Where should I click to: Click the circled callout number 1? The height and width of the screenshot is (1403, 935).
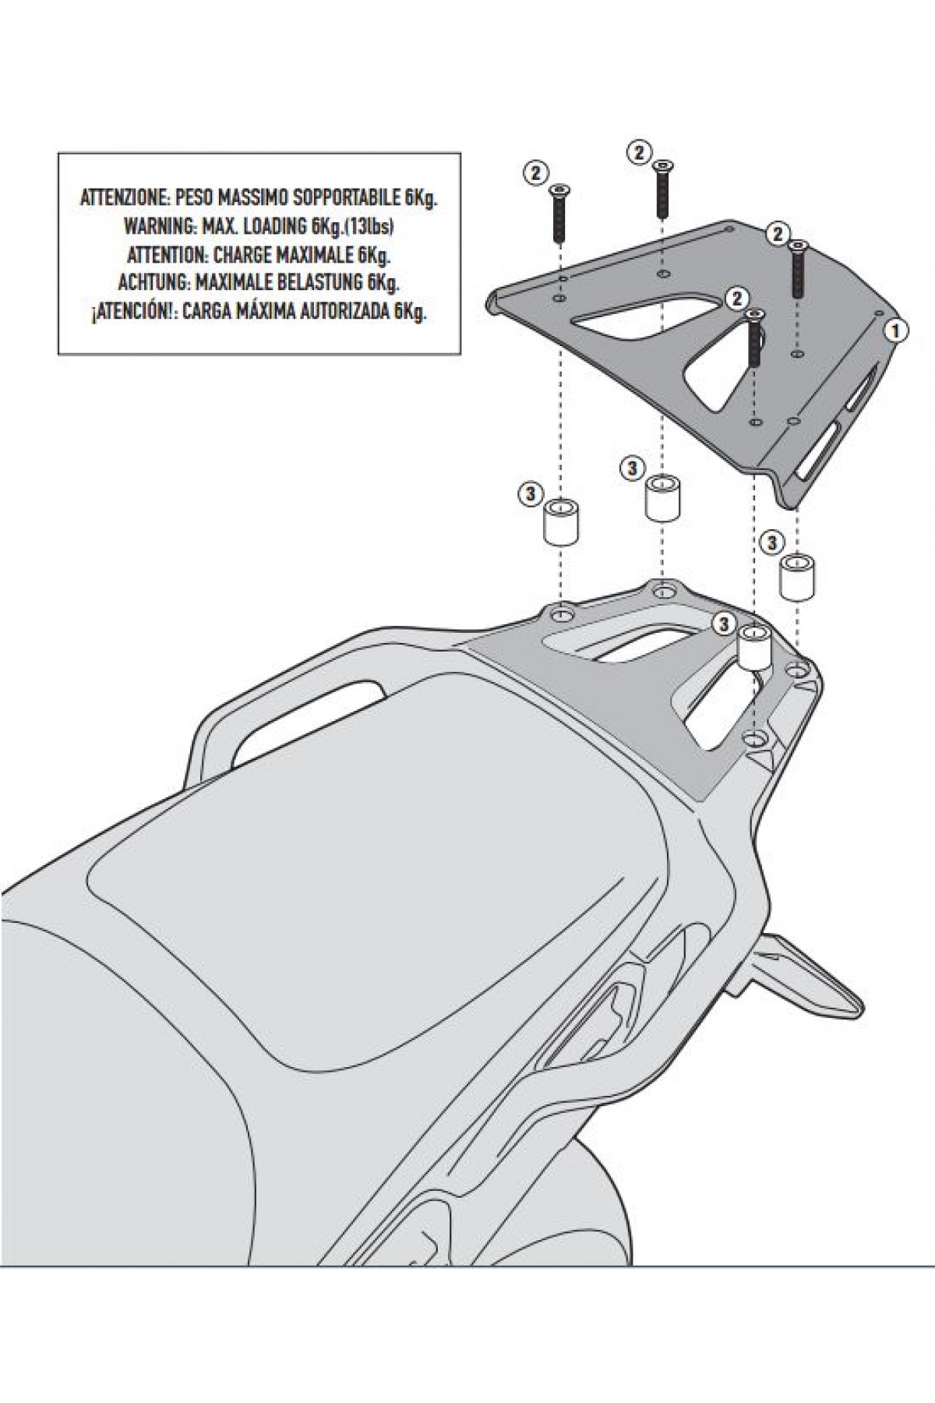[x=895, y=330]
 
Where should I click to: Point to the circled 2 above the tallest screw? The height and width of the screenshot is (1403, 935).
[x=639, y=152]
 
